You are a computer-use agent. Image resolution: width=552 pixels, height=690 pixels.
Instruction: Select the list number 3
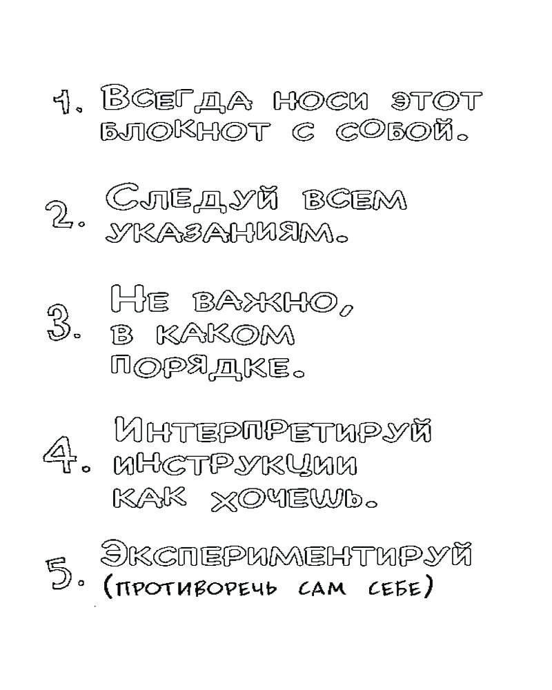59,324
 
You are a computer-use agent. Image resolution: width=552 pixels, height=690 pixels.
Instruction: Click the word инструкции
235,467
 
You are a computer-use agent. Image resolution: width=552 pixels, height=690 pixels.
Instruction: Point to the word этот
436,101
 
